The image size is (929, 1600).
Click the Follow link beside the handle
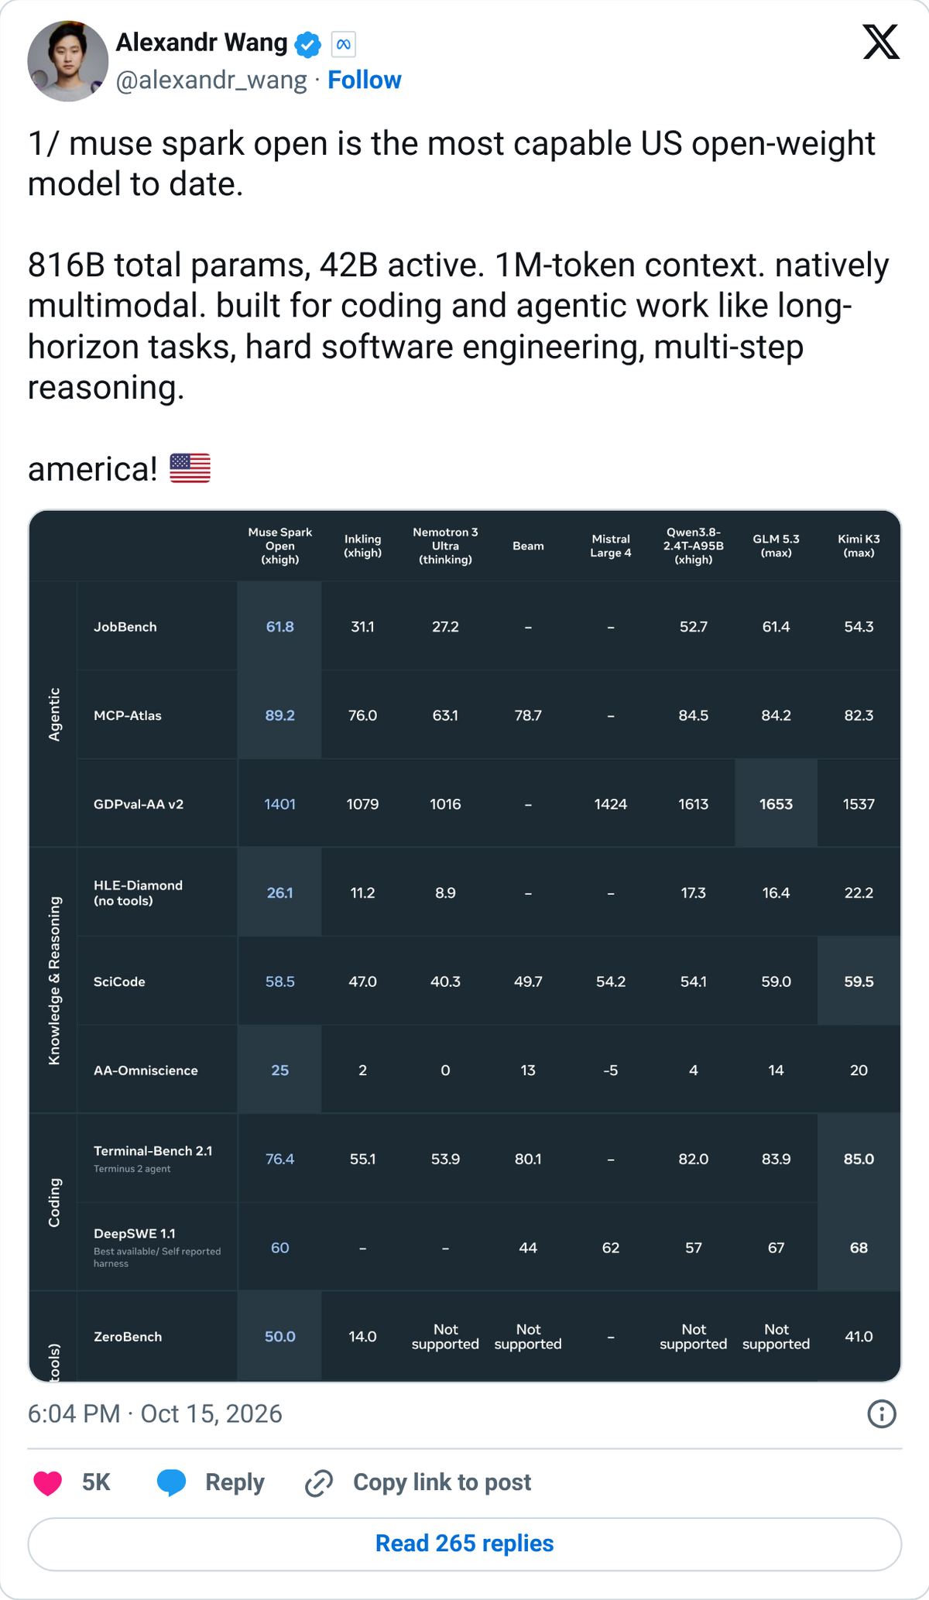364,80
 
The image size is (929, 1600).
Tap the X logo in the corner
881,42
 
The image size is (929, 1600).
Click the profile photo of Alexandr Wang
68,61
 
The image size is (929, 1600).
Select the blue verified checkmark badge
308,45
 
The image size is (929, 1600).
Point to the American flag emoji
190,468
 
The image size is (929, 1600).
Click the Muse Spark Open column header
280,546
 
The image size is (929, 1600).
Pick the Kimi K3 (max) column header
859,546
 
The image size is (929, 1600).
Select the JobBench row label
125,627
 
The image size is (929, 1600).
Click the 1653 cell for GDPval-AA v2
776,804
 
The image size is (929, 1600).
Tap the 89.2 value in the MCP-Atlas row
280,715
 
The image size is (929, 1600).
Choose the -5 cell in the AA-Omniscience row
611,1071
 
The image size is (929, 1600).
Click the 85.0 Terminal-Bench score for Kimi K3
859,1159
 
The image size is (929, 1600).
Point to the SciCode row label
119,982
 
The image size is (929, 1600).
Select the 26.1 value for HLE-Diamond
280,893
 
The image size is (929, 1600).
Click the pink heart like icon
48,1482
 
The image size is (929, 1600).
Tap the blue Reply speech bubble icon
172,1482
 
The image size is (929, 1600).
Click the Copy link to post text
442,1482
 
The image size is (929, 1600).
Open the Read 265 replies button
464,1543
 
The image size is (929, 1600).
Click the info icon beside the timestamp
882,1414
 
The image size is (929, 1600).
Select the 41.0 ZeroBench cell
859,1337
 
